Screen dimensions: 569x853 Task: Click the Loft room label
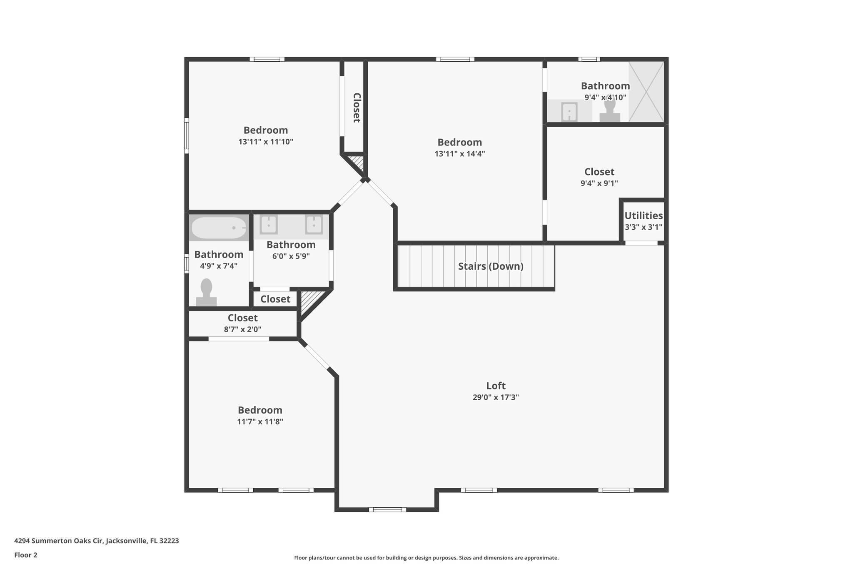496,386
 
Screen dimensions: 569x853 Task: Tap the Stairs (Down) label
491,266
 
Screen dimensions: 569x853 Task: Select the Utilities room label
643,216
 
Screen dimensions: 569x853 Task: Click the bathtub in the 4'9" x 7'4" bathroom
219,228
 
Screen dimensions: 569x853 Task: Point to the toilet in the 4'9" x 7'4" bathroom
206,293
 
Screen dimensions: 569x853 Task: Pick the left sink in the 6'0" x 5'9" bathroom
269,225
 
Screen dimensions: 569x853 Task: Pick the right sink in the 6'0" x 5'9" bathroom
314,225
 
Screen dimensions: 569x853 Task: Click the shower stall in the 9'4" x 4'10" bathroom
646,92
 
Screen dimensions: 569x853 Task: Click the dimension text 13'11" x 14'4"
459,154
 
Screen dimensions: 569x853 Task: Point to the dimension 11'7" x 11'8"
260,421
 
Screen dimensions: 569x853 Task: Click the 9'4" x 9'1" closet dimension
599,183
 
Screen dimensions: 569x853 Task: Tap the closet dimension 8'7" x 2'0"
242,329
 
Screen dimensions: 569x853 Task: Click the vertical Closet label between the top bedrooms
357,108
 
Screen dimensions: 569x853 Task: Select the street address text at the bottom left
97,541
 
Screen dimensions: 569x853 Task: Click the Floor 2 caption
26,555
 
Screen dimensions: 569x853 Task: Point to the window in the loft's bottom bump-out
387,509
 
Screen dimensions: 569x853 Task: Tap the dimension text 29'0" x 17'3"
496,397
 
